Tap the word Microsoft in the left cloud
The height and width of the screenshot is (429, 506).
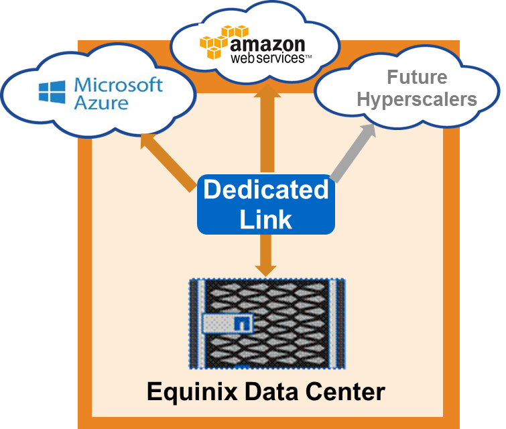point(119,85)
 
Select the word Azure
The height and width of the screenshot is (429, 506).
point(101,103)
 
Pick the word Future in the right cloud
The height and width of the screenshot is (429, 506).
point(417,78)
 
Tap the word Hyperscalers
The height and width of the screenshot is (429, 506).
point(417,100)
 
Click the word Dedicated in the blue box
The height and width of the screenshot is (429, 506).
point(266,190)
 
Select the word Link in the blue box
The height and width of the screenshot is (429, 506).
point(266,219)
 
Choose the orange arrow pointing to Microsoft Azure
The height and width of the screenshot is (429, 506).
point(168,162)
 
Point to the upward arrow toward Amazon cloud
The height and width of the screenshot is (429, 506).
point(266,127)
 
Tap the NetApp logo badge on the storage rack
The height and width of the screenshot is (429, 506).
point(228,324)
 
